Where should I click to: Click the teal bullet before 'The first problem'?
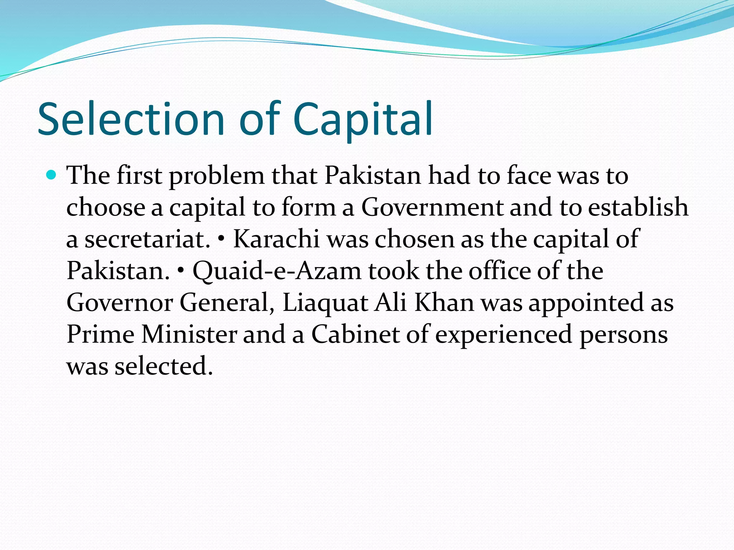(52, 175)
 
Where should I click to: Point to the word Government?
(432, 207)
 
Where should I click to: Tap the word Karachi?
(276, 239)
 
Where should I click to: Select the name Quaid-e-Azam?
(277, 271)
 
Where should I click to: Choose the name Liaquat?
(325, 303)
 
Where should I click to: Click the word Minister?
(189, 334)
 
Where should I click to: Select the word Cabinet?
(355, 334)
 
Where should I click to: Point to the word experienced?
(504, 335)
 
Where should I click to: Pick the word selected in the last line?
(163, 366)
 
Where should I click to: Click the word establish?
(638, 207)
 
